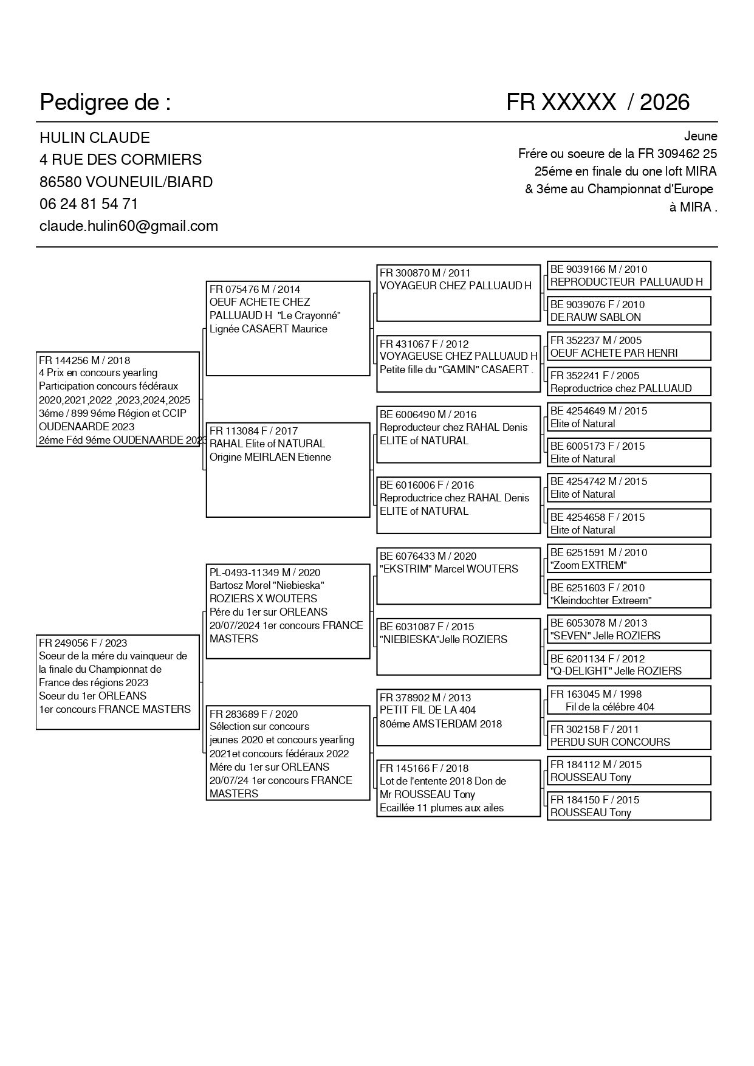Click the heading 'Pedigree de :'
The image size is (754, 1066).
tap(105, 103)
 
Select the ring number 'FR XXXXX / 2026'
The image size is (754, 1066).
tap(598, 103)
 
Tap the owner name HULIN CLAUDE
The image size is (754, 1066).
tap(95, 138)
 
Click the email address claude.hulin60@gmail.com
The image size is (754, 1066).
tap(129, 226)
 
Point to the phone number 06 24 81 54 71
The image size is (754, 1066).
tap(89, 204)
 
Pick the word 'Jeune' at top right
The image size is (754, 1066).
tap(701, 137)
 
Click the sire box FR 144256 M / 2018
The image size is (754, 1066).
tap(118, 399)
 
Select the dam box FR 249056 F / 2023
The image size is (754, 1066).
tap(118, 682)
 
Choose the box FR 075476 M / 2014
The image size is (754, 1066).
tap(288, 328)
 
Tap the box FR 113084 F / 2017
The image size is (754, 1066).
tap(288, 470)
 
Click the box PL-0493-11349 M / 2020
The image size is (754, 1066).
tap(288, 611)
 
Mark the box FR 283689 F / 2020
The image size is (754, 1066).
tap(288, 753)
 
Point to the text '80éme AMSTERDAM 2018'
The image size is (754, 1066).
tap(441, 724)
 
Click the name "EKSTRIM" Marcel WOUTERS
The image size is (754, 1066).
tap(449, 569)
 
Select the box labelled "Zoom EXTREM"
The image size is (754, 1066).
tap(629, 559)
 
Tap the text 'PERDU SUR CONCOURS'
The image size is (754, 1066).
tap(610, 742)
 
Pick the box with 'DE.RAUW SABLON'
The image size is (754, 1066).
tap(629, 311)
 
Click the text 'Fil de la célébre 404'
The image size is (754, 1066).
tap(610, 707)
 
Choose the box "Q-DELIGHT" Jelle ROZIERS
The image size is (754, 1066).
tap(629, 665)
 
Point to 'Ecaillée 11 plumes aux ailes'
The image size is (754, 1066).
tap(442, 808)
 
